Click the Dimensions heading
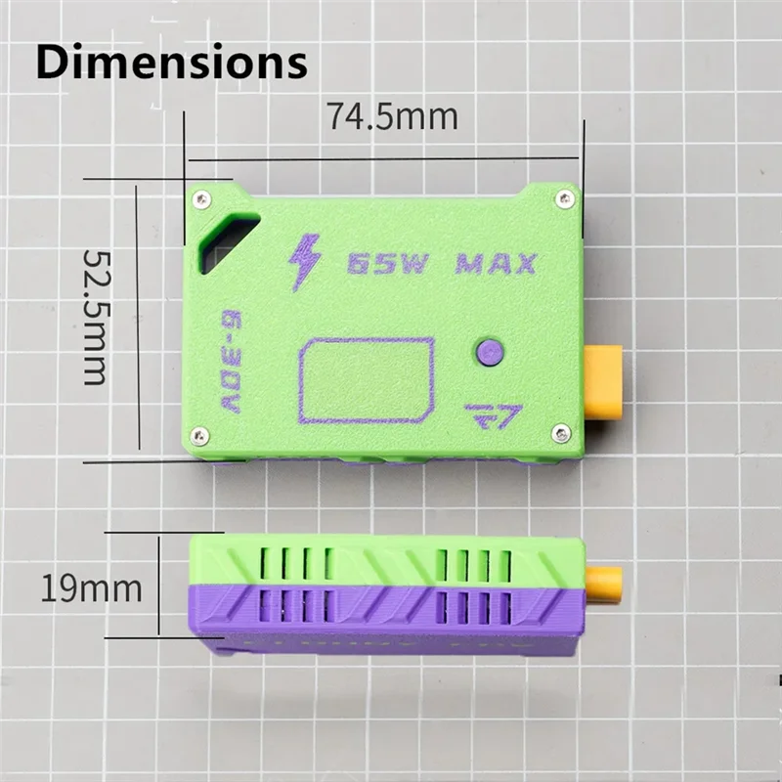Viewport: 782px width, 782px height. click(x=172, y=62)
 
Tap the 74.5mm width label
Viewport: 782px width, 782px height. click(x=392, y=117)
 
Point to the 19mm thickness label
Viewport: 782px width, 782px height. click(x=91, y=588)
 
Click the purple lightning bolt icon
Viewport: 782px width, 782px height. click(x=305, y=261)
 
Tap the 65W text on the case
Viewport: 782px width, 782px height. click(x=387, y=264)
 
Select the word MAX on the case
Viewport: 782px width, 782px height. click(x=496, y=264)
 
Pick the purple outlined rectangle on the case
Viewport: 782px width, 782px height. click(x=367, y=380)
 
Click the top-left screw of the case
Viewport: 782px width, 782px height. click(x=202, y=198)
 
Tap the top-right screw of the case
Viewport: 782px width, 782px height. click(x=563, y=198)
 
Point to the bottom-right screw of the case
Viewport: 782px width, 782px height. click(x=561, y=433)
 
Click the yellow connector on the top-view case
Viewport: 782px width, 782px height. click(x=602, y=382)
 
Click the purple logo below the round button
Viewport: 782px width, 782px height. click(x=494, y=414)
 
